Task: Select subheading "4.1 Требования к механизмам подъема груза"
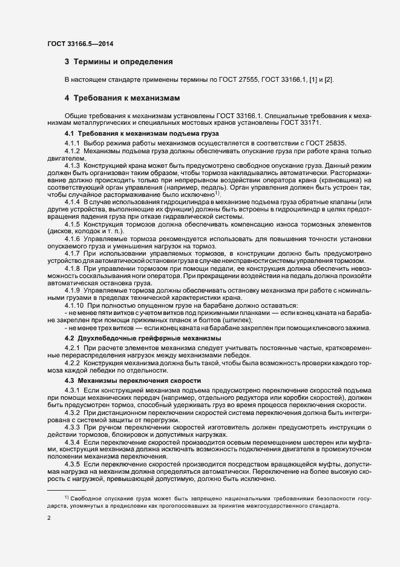[x=141, y=133]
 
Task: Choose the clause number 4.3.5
[x=72, y=463]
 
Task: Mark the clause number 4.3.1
[x=72, y=389]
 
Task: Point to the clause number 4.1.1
[x=72, y=142]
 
